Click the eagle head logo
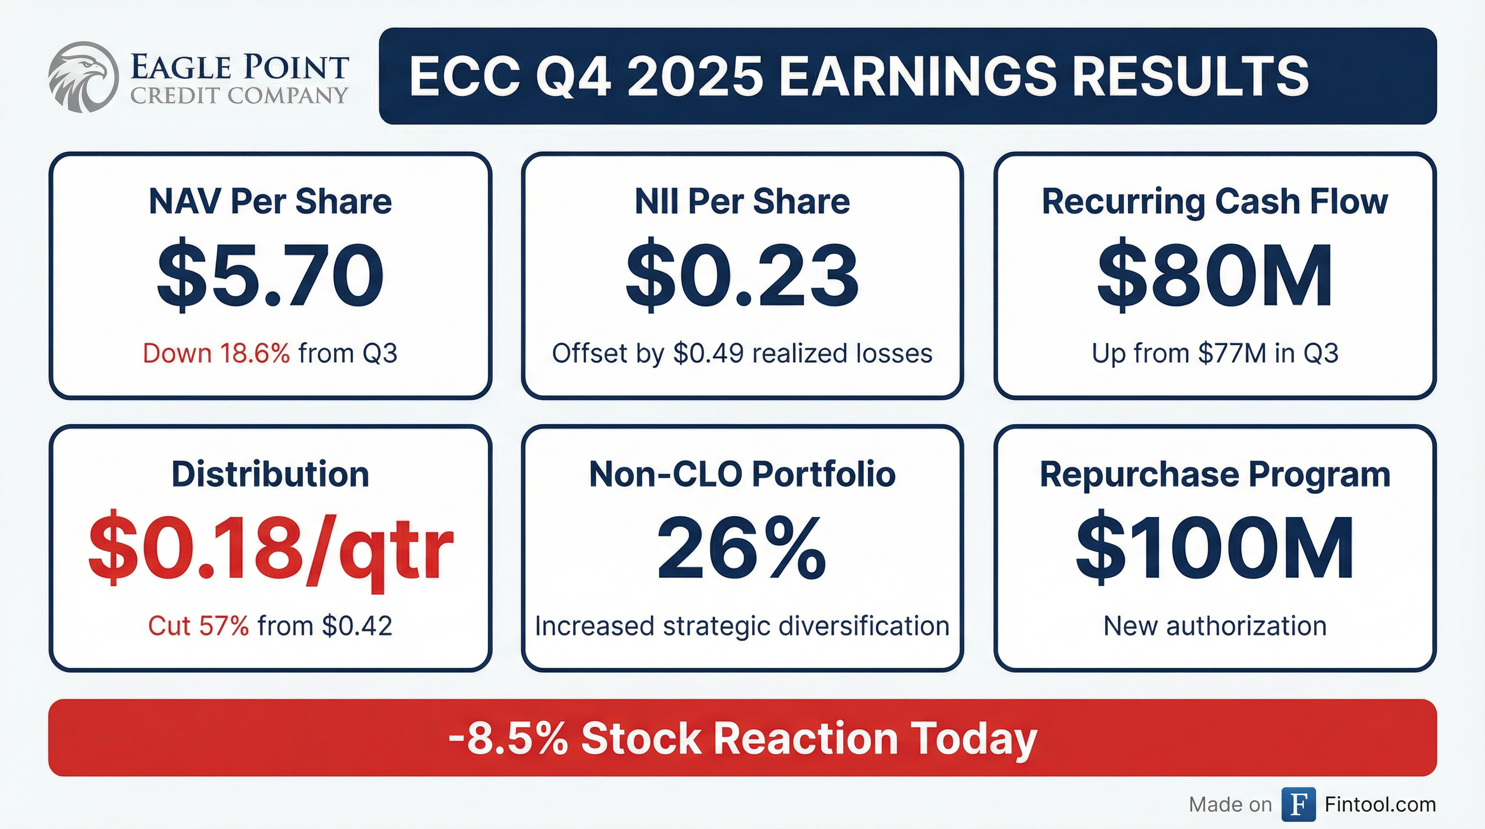coord(83,77)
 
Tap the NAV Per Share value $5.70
coord(270,275)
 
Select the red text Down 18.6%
coord(216,353)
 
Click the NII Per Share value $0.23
coord(742,275)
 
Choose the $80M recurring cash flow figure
coord(1215,275)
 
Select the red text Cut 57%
coord(199,626)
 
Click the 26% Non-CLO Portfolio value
coord(742,548)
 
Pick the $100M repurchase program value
coord(1215,548)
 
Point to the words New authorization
coord(1215,626)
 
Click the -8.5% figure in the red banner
coord(508,738)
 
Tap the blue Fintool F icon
coord(1298,804)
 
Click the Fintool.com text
coord(1380,804)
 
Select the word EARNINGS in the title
coord(918,76)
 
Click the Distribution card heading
coord(270,474)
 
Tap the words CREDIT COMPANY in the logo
coord(239,95)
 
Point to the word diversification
coord(864,626)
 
